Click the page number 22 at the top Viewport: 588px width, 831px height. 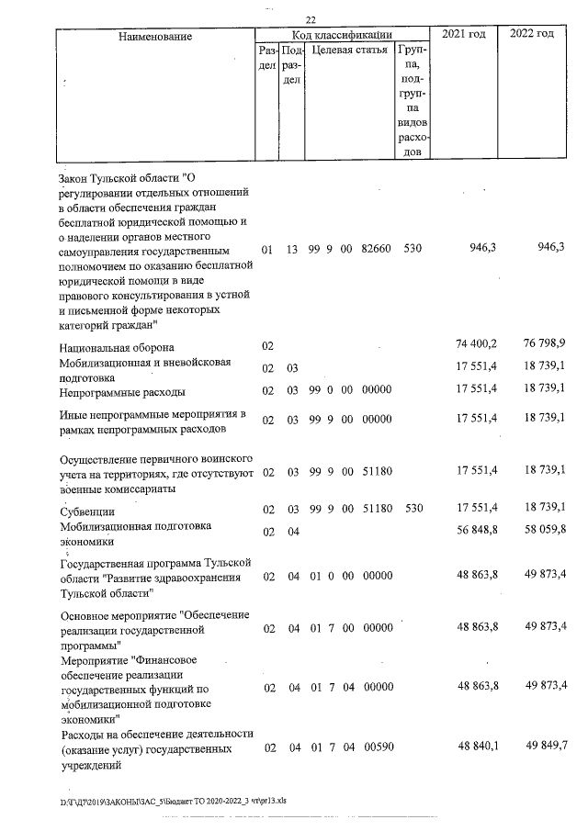311,20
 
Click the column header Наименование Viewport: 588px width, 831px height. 155,36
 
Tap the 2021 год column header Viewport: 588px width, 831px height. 464,34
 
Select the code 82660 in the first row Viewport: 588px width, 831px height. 377,250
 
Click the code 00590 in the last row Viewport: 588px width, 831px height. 377,749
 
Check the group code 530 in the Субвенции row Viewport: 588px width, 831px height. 413,508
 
